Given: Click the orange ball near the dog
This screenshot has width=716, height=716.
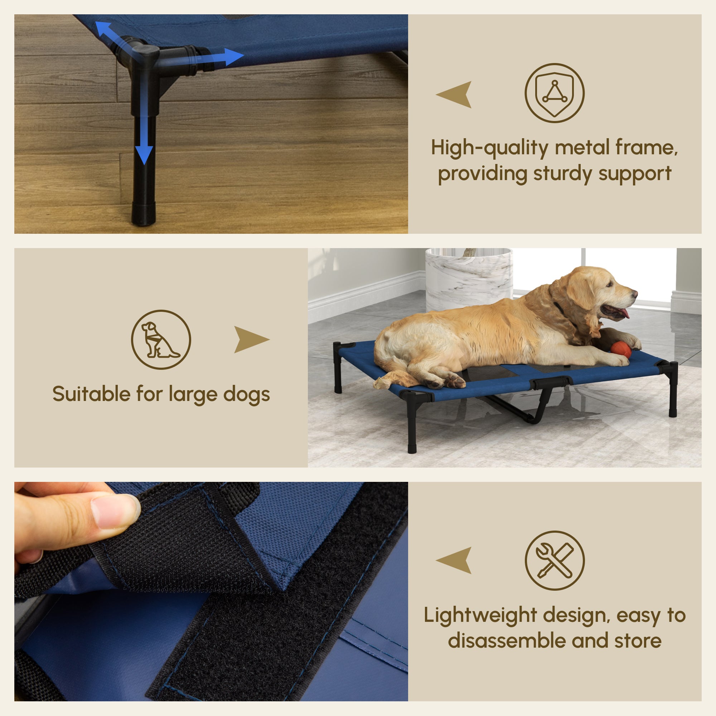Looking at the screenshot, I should click(x=621, y=349).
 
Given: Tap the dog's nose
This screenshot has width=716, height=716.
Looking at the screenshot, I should click(x=635, y=294).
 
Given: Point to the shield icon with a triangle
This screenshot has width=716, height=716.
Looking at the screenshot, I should click(x=555, y=93).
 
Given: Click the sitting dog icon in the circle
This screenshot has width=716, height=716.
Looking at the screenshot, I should click(x=161, y=339).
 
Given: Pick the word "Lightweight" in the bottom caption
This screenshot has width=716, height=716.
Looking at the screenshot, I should click(x=480, y=615).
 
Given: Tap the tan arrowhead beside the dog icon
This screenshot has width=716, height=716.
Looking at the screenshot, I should click(x=250, y=339).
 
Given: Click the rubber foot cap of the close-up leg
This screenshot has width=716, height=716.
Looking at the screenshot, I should click(x=143, y=214).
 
